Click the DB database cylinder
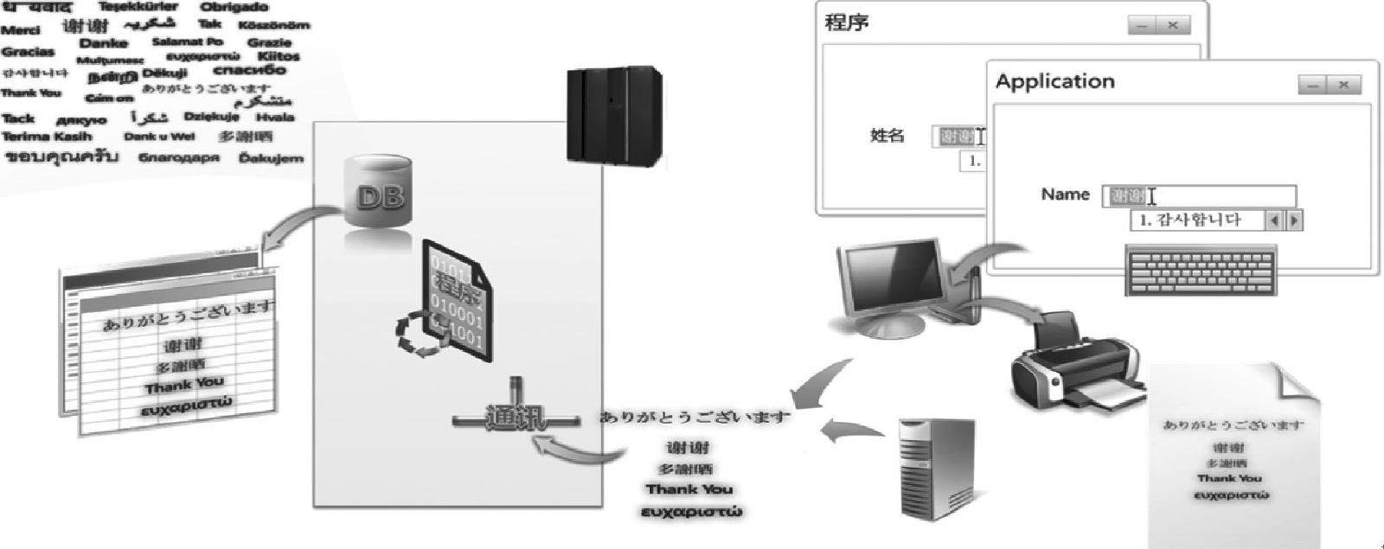(380, 194)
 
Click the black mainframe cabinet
(614, 115)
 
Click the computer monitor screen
(892, 275)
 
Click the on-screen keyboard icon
(1200, 269)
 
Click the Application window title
(1054, 82)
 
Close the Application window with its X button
(1343, 85)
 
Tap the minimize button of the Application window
(1313, 85)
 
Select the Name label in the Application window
(1065, 195)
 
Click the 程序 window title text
(847, 22)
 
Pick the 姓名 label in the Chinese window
(887, 136)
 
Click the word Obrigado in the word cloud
(234, 7)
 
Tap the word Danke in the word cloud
(104, 43)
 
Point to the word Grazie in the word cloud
(269, 42)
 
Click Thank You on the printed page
(1229, 478)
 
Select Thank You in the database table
(184, 385)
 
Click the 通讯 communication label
(516, 419)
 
